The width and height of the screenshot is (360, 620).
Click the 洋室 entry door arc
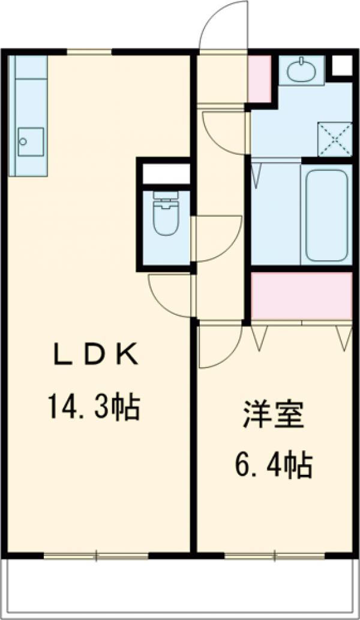coord(219,347)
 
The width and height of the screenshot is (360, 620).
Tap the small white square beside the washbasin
coord(341,65)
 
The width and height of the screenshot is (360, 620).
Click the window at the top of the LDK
coord(89,52)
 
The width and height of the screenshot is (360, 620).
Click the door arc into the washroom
coord(223,132)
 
